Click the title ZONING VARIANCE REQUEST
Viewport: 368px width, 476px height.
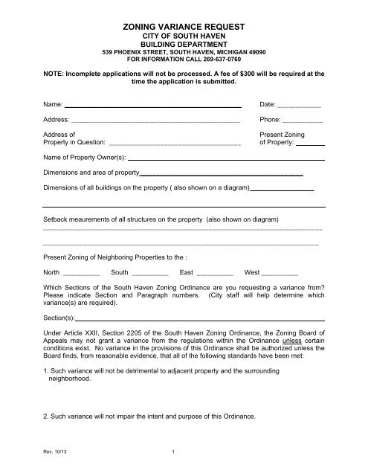point(183,26)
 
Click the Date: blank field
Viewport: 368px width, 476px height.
point(298,106)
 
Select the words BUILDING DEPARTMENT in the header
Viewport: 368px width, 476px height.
point(183,44)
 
